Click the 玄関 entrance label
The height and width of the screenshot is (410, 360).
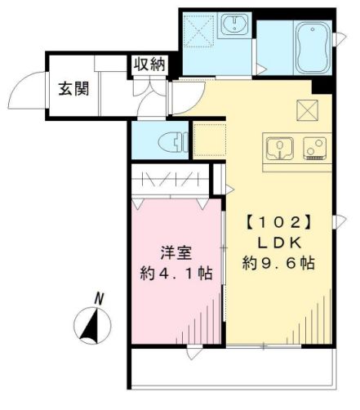[72, 87]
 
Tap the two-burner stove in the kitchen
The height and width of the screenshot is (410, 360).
[314, 148]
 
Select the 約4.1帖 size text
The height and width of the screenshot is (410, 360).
[173, 273]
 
